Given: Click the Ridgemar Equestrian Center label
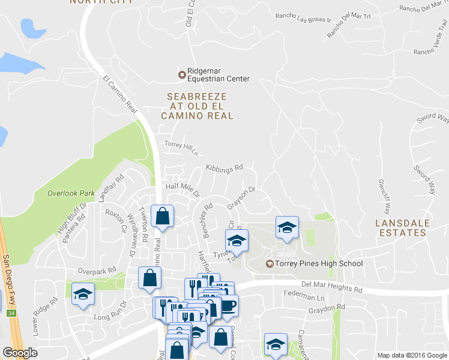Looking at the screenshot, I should click(217, 74).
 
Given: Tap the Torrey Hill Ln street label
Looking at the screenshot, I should click(181, 146).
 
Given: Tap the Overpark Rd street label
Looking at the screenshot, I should click(96, 271).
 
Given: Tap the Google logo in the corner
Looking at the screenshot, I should click(20, 352).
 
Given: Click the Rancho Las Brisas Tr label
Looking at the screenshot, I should click(303, 17).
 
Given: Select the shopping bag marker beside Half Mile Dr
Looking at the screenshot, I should click(162, 216).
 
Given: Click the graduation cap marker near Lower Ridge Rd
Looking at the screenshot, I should click(83, 294).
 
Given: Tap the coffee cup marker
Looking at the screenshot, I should click(228, 305).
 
